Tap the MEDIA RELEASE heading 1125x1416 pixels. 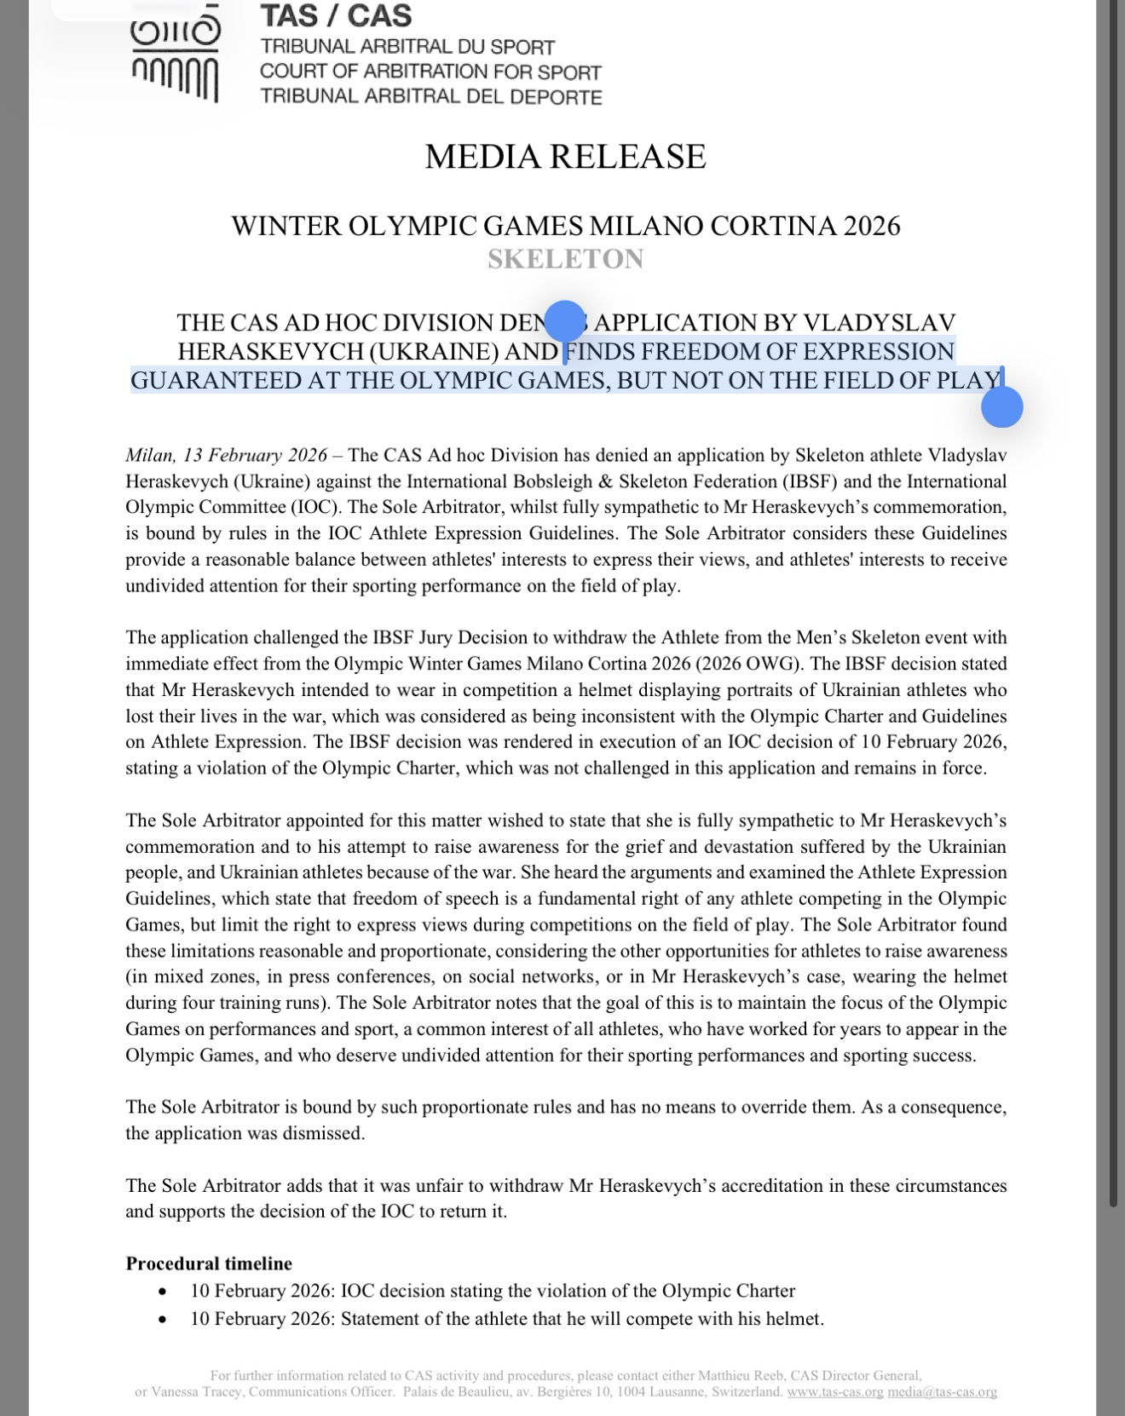click(x=565, y=157)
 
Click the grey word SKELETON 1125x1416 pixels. click(x=565, y=259)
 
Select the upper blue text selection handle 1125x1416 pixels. click(x=564, y=322)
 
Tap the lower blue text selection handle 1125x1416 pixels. click(x=1001, y=407)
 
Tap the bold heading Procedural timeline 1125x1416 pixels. click(x=209, y=1263)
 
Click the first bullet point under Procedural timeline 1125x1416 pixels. click(x=163, y=1292)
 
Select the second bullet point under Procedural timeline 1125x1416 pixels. click(x=163, y=1320)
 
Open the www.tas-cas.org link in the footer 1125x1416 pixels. click(x=834, y=1392)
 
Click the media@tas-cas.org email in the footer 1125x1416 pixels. click(x=942, y=1392)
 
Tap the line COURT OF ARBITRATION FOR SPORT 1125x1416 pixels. click(x=430, y=72)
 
